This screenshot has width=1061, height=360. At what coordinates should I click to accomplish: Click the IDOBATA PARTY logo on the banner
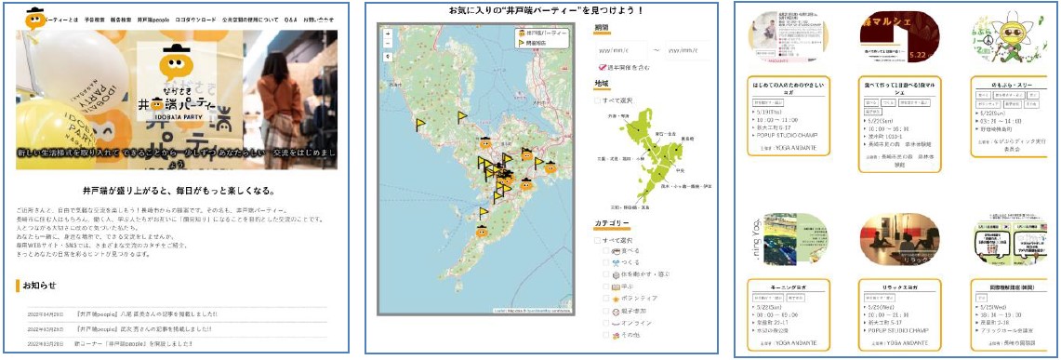(177, 80)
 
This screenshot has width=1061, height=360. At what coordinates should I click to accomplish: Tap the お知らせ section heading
(40, 285)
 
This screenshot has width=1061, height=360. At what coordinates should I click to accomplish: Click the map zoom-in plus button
(387, 33)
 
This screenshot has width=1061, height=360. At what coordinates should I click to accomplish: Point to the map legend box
(539, 37)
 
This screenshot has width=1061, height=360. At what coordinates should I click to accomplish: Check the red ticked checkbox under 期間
(602, 67)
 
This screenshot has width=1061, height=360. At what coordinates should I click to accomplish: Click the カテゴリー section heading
(613, 223)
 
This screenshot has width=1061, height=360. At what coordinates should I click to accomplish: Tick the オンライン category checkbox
(606, 324)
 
